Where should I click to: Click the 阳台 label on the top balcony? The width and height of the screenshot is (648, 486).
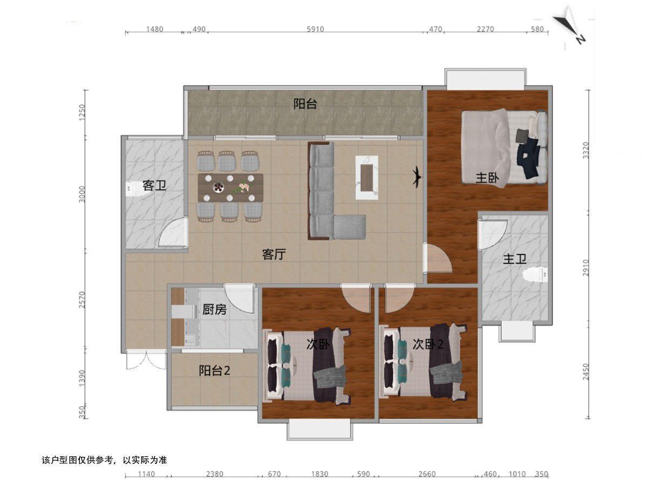[305, 104]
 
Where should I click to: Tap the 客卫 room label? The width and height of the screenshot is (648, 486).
[154, 185]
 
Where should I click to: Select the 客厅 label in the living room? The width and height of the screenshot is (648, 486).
[274, 254]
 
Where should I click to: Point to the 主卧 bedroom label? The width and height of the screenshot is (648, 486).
[487, 178]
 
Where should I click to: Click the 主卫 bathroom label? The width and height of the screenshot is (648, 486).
[515, 259]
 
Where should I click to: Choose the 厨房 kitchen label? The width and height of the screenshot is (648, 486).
[214, 309]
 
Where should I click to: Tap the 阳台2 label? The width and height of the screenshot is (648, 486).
[214, 370]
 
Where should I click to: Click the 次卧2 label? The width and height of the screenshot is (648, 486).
[428, 344]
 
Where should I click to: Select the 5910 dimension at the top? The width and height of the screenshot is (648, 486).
[315, 29]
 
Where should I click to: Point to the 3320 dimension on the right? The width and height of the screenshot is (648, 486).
[586, 151]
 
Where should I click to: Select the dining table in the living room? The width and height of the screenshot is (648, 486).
[231, 188]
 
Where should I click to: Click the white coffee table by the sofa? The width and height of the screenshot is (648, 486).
[367, 178]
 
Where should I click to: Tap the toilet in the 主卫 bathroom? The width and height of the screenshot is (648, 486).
[535, 275]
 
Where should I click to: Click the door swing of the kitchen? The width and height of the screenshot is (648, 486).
[239, 299]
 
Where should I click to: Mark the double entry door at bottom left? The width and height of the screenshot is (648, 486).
[146, 360]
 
